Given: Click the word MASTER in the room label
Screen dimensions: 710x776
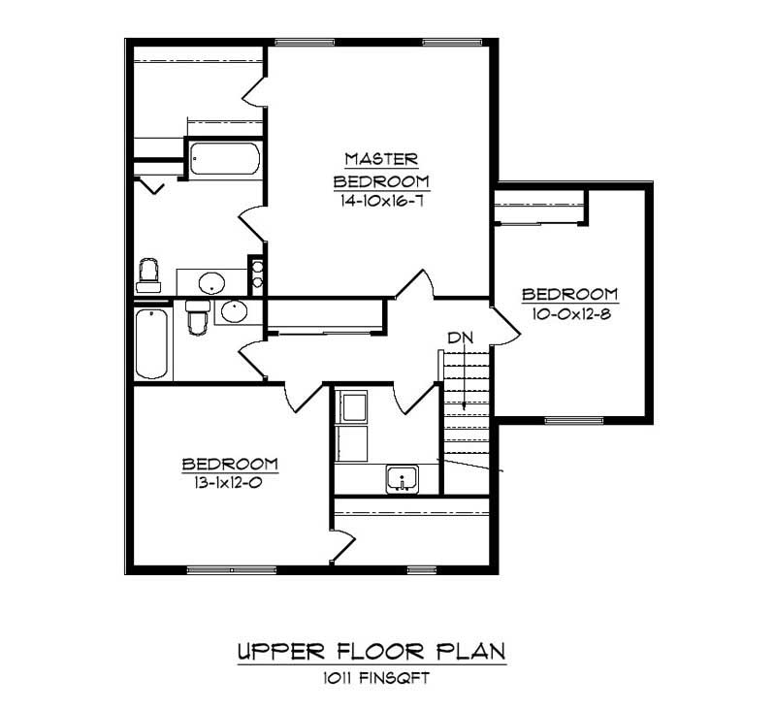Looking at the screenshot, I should point(381,159).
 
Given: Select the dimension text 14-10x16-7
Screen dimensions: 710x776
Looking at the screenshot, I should point(381,202).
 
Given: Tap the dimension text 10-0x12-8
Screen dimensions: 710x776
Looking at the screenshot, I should point(569,315).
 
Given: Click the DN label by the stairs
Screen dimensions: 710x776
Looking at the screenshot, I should point(460,338).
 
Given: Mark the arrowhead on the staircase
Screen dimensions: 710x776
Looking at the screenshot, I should point(465,404).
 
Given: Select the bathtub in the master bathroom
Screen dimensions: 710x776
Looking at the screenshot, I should point(224,160).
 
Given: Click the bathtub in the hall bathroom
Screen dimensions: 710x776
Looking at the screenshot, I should point(151,343).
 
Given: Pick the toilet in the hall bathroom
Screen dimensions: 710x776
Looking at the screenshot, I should point(198,315).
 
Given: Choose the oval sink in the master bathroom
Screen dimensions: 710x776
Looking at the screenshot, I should point(211,283).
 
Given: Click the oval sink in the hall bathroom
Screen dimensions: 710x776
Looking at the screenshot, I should point(233,311).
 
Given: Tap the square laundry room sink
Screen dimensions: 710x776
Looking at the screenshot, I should point(401,478).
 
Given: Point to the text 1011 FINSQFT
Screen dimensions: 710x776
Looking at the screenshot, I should point(372,679).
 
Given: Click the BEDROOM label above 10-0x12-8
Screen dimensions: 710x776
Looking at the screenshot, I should point(569,295).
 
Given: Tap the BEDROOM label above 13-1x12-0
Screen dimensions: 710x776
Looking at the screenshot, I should point(230,464).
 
